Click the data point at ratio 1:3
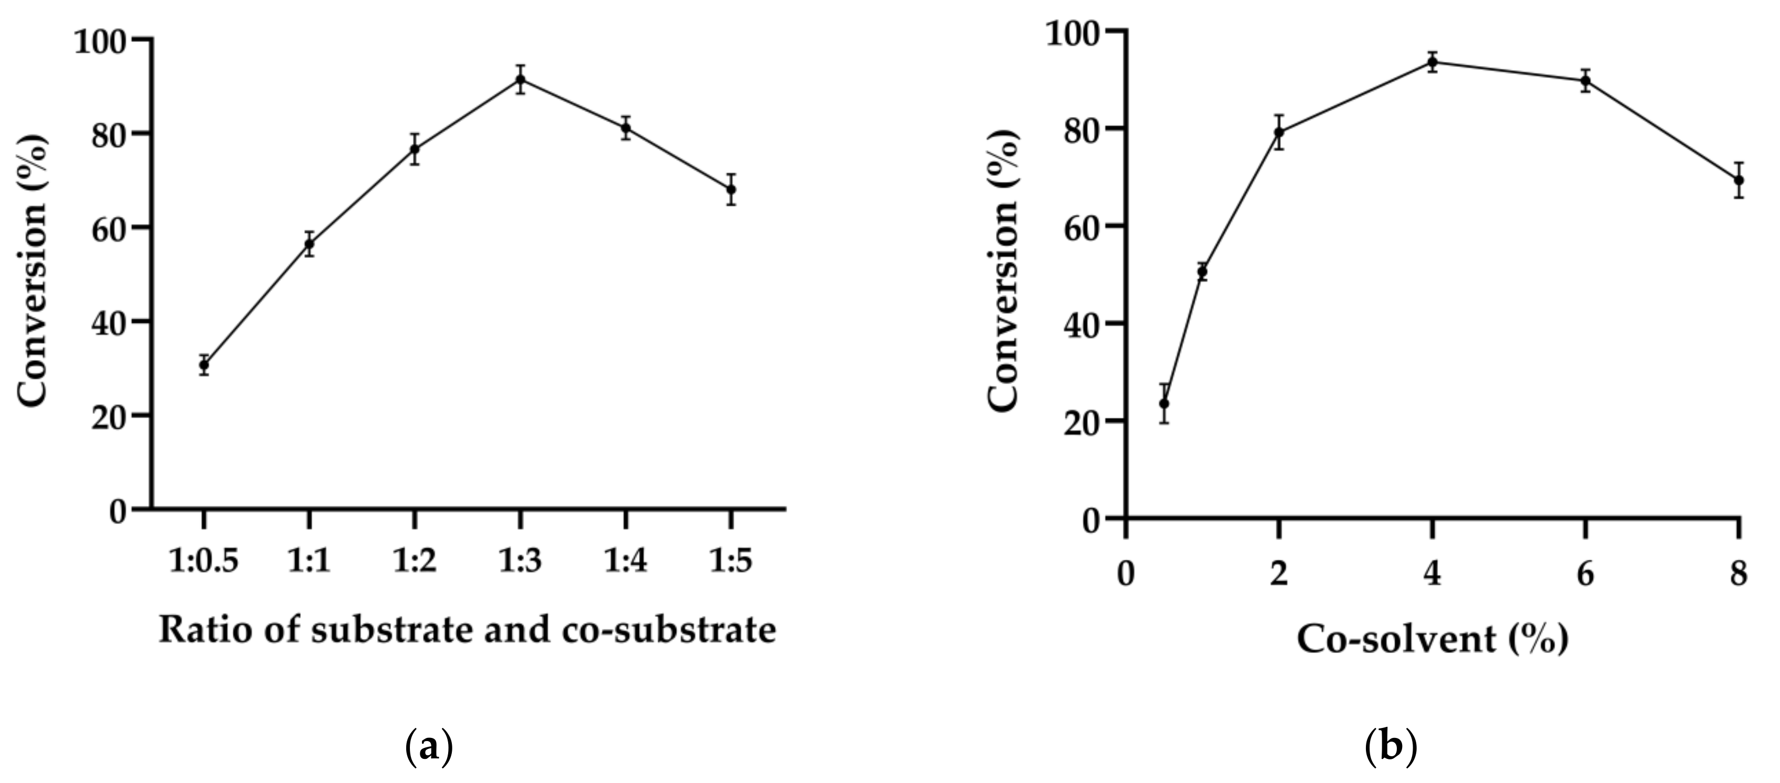tap(520, 80)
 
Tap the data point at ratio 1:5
tap(731, 189)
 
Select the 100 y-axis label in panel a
tap(104, 41)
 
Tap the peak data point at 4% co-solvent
tap(1432, 62)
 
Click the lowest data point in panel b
tap(1164, 403)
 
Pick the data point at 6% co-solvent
tap(1586, 81)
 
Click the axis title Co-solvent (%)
tap(1432, 639)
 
